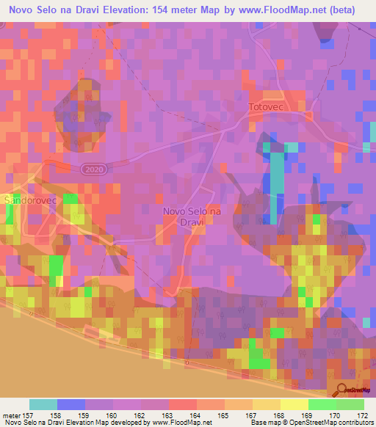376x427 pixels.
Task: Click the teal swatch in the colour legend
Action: [x=43, y=404]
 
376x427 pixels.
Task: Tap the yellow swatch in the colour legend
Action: [x=294, y=404]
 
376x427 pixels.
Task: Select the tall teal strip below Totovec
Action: [x=275, y=183]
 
